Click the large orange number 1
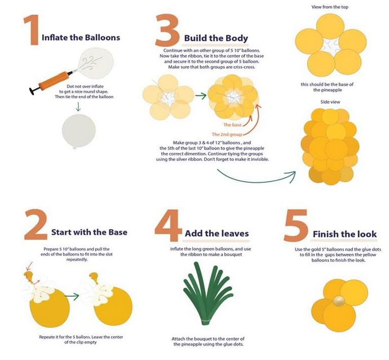pyautogui.click(x=32, y=30)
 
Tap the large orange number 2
pyautogui.click(x=36, y=225)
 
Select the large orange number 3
pyautogui.click(x=167, y=30)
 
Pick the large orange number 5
pyautogui.click(x=296, y=226)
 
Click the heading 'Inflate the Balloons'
pyautogui.click(x=81, y=37)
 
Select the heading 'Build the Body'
pyautogui.click(x=216, y=38)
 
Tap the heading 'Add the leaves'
pyautogui.click(x=217, y=234)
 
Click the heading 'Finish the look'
pyautogui.click(x=344, y=234)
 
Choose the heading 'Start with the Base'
pyautogui.click(x=89, y=232)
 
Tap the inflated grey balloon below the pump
pyautogui.click(x=78, y=131)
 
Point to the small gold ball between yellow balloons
pyautogui.click(x=339, y=301)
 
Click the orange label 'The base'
pyautogui.click(x=232, y=125)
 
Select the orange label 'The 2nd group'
pyautogui.click(x=227, y=134)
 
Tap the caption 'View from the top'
pyautogui.click(x=330, y=7)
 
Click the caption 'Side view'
pyautogui.click(x=330, y=102)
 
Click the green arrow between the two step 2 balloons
pyautogui.click(x=72, y=296)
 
